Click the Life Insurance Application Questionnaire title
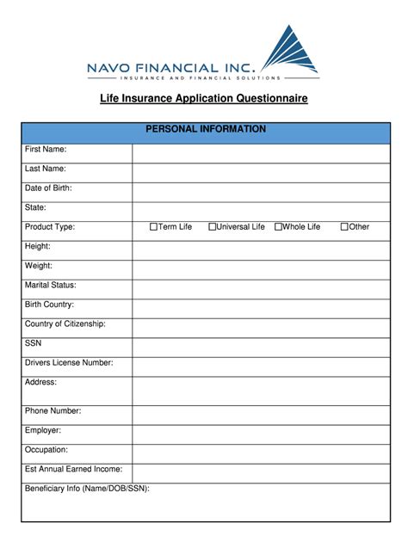tap(204, 99)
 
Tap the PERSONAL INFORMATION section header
tap(205, 129)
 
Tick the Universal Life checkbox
tap(212, 227)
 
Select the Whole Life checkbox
tap(278, 227)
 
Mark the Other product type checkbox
tap(344, 227)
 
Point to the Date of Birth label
tap(48, 188)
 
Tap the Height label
tap(39, 246)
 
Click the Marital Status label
tap(51, 285)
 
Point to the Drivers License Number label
tap(69, 362)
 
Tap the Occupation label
tap(46, 449)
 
